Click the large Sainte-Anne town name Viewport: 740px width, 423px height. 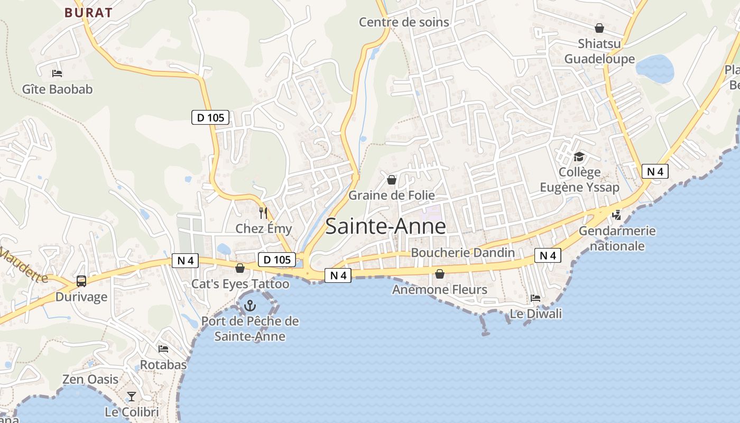tap(385, 226)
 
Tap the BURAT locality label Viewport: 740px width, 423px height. tap(89, 13)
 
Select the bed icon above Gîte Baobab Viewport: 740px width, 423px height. tap(57, 73)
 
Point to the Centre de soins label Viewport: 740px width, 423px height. tap(404, 22)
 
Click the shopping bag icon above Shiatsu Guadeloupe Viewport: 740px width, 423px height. tap(599, 28)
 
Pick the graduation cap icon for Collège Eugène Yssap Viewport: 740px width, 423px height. tap(579, 157)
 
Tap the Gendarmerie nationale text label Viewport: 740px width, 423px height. tap(617, 238)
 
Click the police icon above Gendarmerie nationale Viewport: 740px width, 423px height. tap(616, 215)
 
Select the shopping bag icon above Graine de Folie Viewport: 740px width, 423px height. tap(392, 180)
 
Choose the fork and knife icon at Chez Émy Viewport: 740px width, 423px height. tap(263, 213)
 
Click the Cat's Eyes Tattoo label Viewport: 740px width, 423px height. tap(240, 284)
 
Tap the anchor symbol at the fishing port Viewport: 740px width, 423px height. tap(249, 306)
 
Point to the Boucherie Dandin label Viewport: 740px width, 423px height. tap(462, 253)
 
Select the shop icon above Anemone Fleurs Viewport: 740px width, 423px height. tap(439, 274)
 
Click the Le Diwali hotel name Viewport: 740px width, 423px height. tap(535, 314)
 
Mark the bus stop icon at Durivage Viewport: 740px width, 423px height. tap(81, 281)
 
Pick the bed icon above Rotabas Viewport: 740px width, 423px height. tap(163, 349)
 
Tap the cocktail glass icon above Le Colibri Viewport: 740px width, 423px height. tap(132, 397)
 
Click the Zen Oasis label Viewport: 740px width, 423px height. tap(90, 379)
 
